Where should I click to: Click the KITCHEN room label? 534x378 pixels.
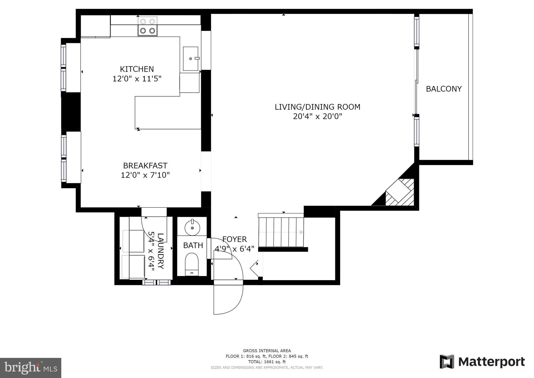point(137,69)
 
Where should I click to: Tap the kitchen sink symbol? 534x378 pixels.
point(191,59)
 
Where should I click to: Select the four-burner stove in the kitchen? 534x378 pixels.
point(148,26)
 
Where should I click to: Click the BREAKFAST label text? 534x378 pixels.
point(145,166)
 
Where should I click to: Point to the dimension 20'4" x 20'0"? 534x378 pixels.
point(317,116)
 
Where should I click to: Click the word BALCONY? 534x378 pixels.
point(444,89)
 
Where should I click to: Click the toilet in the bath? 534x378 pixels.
point(192,264)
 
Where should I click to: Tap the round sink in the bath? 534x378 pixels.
point(192,228)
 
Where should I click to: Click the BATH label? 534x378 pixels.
point(193,245)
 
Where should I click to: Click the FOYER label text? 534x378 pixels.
point(234,239)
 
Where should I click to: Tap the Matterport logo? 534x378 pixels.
point(482,362)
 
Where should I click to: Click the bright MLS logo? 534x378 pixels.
point(31,368)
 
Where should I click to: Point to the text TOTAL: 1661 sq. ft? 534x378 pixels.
point(267,362)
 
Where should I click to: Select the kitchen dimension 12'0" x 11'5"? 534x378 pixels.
point(137,79)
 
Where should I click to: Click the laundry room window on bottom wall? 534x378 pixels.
point(156,282)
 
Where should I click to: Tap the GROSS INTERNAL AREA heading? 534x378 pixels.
point(267,351)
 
